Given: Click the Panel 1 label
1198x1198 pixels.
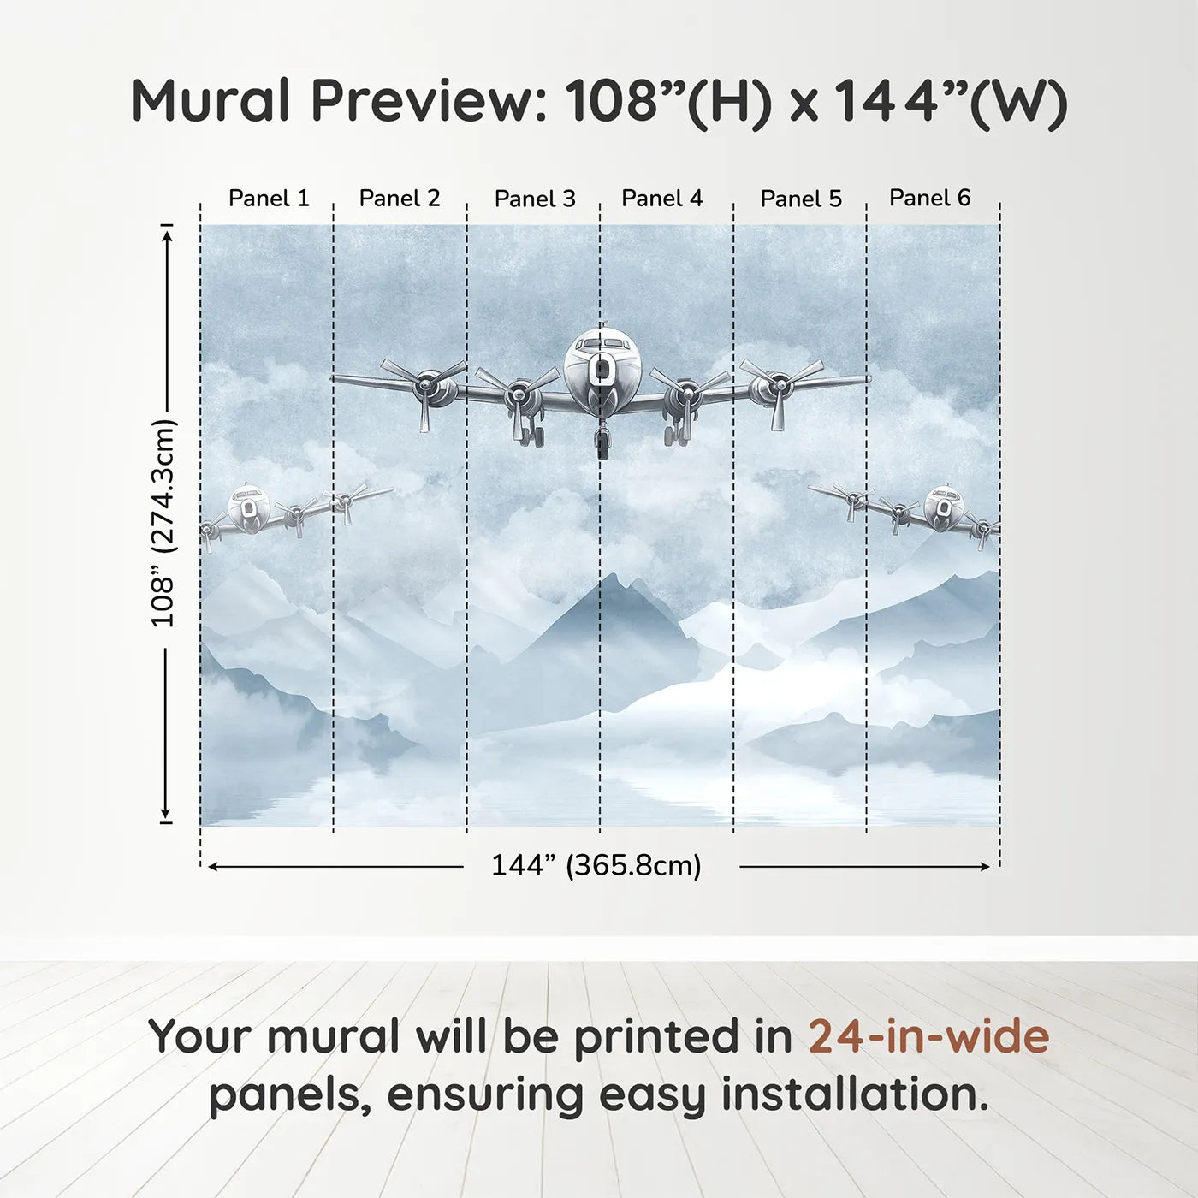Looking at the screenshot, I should tap(268, 199).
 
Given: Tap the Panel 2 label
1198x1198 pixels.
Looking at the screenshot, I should tap(399, 199).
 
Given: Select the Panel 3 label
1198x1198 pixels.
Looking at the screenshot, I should tap(535, 199).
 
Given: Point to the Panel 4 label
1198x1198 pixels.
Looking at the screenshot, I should tap(661, 199).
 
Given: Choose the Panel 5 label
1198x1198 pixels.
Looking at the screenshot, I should tap(801, 199).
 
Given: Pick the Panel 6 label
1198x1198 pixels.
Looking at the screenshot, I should tap(929, 198).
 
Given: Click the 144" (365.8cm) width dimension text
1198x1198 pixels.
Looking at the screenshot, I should tap(596, 865).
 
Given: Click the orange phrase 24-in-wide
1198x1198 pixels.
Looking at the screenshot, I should tap(928, 1036).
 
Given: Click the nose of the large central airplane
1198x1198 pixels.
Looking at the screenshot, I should tap(602, 369).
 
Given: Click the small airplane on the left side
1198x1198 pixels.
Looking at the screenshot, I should tap(249, 510).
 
